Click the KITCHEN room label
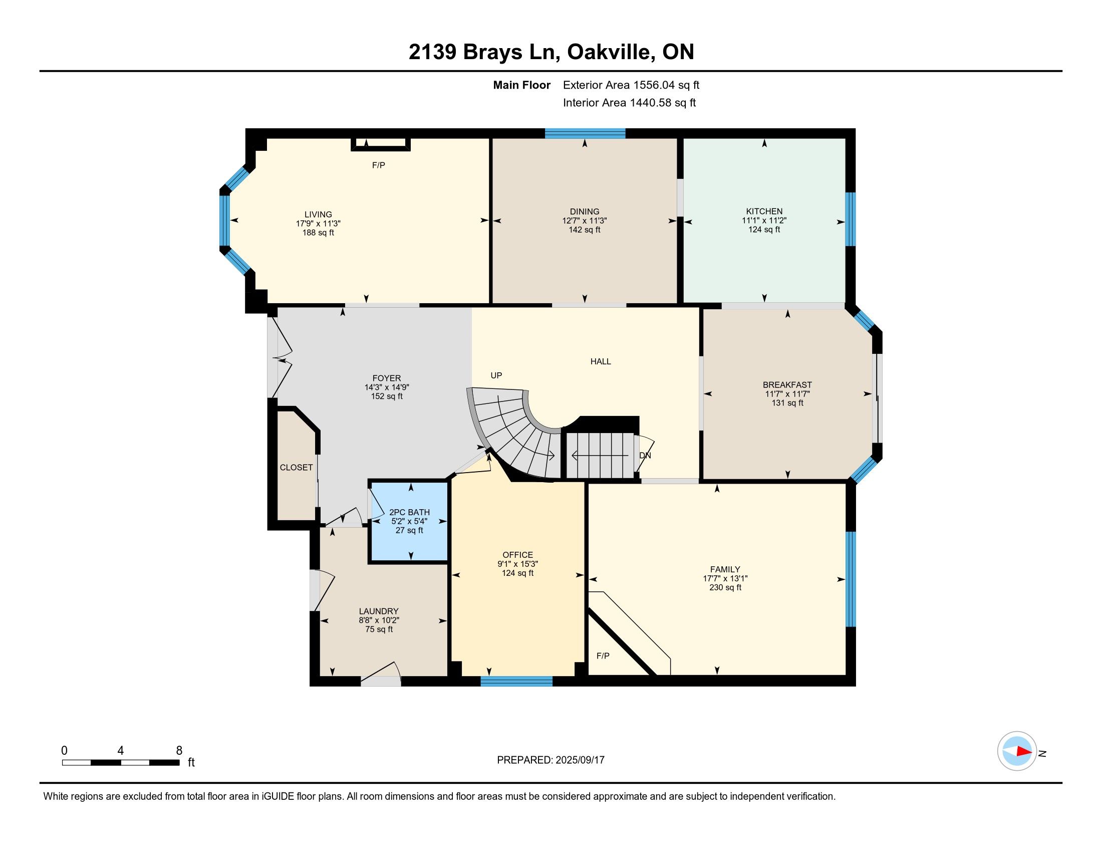(764, 211)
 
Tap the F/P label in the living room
(378, 165)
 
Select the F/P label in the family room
(603, 656)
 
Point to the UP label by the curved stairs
(496, 375)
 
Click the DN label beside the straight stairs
(645, 455)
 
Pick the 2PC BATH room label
(409, 512)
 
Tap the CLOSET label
(296, 468)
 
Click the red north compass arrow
(1024, 751)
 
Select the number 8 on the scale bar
(179, 751)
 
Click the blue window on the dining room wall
(585, 134)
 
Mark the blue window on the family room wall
(851, 579)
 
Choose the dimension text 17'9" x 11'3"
(319, 224)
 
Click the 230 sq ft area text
(725, 587)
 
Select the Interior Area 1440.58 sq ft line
(629, 103)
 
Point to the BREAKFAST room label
(787, 385)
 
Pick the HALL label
(601, 361)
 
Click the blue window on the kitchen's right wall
(851, 219)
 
